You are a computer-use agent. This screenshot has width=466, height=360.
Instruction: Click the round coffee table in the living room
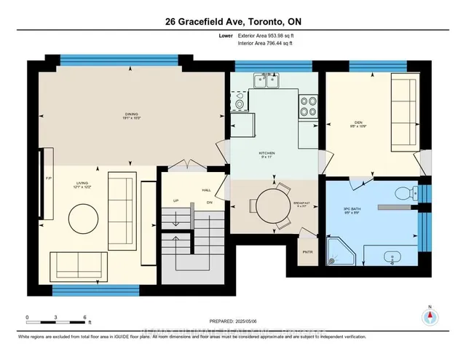[84, 216]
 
